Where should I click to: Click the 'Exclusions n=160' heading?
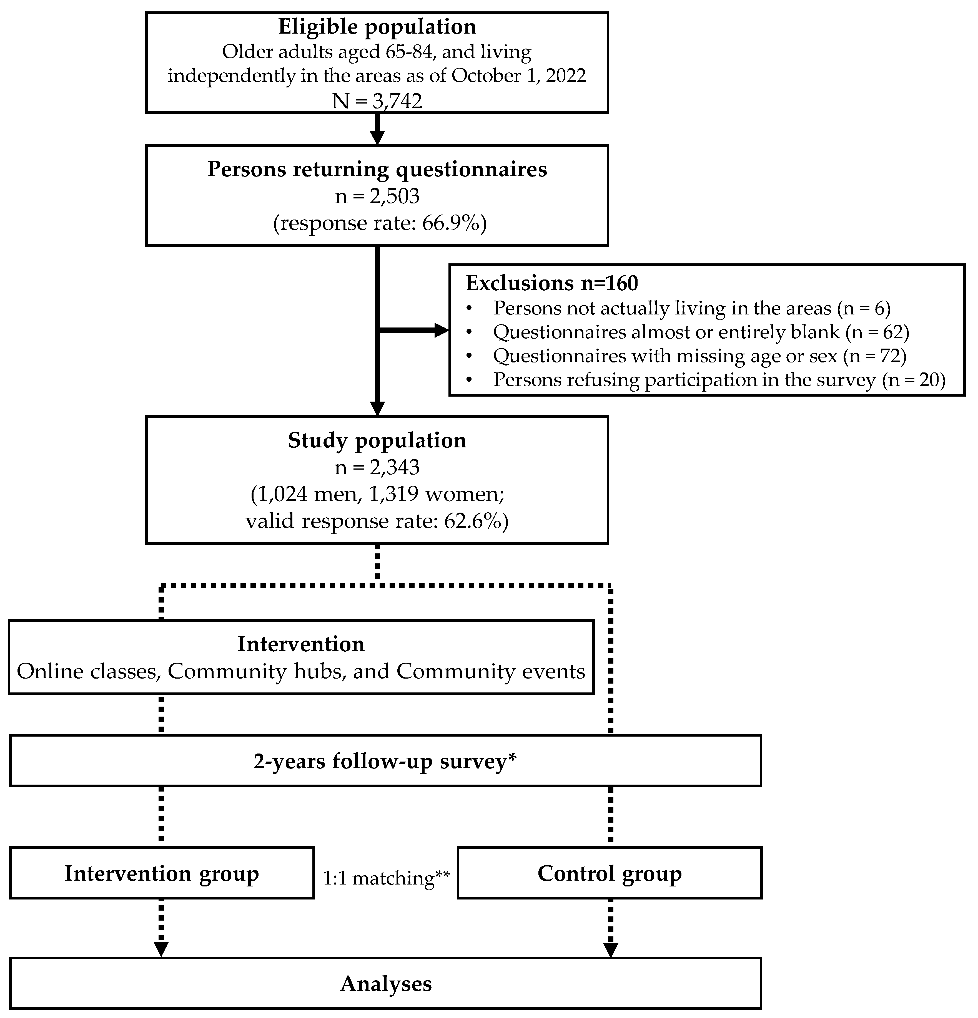click(551, 283)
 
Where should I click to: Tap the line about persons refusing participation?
click(719, 380)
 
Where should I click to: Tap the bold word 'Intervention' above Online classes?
click(301, 644)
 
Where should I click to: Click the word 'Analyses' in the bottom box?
click(386, 984)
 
